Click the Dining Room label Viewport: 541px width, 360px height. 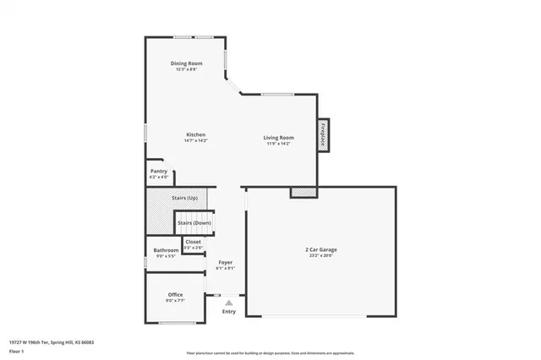[x=187, y=63]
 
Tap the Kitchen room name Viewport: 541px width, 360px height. [x=196, y=134]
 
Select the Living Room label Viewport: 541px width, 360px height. [x=278, y=138]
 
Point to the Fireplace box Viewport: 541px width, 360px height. [x=323, y=135]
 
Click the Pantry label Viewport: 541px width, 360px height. [x=158, y=172]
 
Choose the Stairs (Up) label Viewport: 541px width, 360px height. [x=185, y=197]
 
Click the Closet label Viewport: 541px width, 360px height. [x=194, y=242]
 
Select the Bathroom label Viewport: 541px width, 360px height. [x=166, y=250]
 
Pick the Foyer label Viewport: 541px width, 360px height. [x=226, y=263]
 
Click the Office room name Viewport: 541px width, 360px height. [x=175, y=295]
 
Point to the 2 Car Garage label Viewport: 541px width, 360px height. [x=321, y=249]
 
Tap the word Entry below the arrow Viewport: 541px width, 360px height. [x=229, y=312]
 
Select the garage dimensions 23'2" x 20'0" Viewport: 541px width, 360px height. [x=321, y=255]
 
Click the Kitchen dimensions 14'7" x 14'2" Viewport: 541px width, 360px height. [x=196, y=140]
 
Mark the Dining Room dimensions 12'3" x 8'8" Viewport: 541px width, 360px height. [x=187, y=69]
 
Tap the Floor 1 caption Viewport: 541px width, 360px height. [x=17, y=350]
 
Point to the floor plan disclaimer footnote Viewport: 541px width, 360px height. [x=270, y=352]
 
